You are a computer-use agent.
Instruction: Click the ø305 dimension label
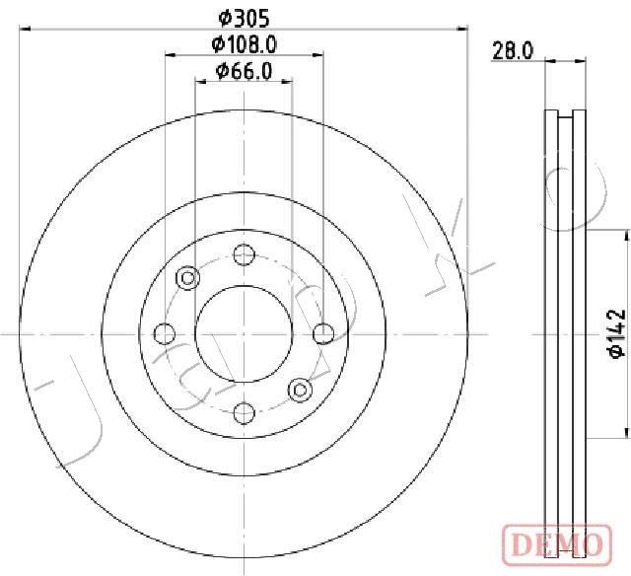[244, 19]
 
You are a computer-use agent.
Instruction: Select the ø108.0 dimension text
[245, 44]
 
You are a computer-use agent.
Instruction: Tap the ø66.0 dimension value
[245, 71]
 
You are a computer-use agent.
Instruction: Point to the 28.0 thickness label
[513, 51]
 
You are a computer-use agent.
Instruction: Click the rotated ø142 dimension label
[616, 333]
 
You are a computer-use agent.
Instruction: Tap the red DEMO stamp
[557, 545]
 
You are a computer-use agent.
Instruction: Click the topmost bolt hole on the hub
[245, 254]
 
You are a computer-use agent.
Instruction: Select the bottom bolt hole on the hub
[245, 413]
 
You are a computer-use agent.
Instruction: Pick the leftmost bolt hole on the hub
[165, 333]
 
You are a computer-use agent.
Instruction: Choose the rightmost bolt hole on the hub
[323, 333]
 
